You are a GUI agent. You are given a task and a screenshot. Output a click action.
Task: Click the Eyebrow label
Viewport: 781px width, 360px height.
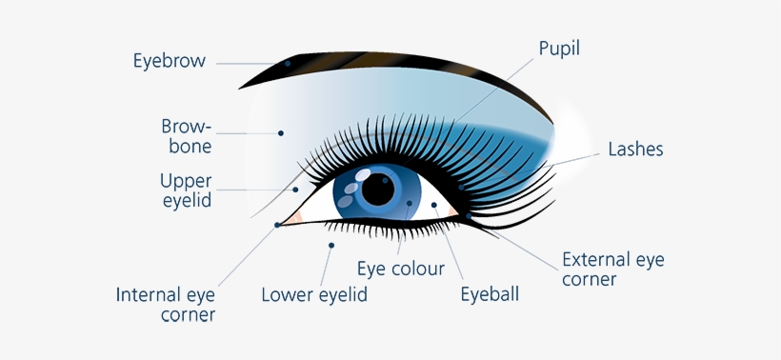[x=169, y=62]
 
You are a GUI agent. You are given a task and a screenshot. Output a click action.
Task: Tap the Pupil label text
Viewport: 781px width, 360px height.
[x=559, y=48]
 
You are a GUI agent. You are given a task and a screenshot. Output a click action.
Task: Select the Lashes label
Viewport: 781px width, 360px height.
[x=635, y=150]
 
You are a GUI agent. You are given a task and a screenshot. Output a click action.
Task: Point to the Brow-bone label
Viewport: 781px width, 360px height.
[x=186, y=136]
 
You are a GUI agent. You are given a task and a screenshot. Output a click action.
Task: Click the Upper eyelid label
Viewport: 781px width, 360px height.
[x=186, y=190]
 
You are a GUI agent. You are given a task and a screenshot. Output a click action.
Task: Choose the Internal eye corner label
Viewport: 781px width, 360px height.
[x=166, y=304]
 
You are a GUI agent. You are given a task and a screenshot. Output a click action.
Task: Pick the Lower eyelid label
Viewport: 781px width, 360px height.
[x=314, y=294]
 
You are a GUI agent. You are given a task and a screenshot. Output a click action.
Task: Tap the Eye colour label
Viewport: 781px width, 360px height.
[x=400, y=269]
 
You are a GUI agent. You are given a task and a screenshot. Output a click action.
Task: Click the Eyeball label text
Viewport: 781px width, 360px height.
[x=490, y=293]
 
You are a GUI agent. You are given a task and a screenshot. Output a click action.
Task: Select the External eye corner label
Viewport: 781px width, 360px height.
[x=612, y=270]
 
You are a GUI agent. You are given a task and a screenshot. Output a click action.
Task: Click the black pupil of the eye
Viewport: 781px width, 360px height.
[x=378, y=190]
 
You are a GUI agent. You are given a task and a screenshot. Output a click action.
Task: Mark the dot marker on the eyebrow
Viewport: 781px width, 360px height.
[x=288, y=64]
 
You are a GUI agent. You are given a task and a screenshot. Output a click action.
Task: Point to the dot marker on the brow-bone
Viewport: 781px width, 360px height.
[x=281, y=132]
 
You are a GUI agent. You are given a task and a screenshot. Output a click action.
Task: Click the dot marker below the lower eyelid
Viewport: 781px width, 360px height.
[x=331, y=246]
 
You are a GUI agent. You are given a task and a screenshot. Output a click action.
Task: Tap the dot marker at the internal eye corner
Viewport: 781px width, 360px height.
[x=277, y=225]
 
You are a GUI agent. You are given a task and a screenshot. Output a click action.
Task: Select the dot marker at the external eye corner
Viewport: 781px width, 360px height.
[x=469, y=216]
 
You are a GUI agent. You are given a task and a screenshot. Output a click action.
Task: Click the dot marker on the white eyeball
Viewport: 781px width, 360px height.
[x=433, y=205]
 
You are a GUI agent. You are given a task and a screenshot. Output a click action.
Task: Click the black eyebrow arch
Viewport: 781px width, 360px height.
[x=400, y=60]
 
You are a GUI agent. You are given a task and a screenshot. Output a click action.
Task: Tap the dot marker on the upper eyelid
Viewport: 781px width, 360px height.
[x=296, y=190]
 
